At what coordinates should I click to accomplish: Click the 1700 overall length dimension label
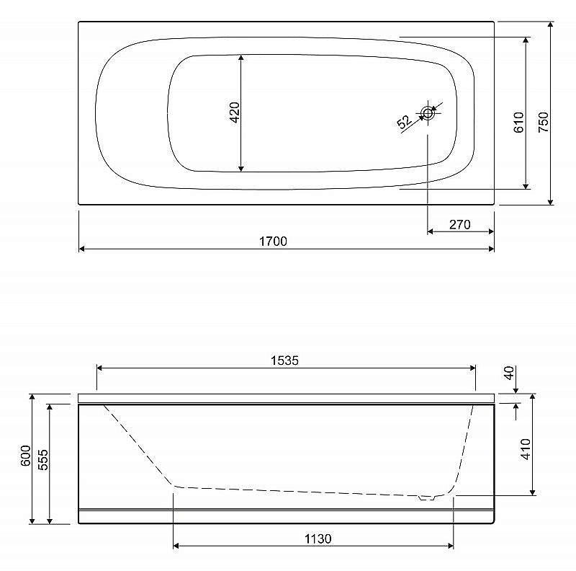[273, 242]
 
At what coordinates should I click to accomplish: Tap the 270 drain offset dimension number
[459, 224]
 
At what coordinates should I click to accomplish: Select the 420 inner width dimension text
[234, 112]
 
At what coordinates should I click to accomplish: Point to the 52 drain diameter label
[404, 122]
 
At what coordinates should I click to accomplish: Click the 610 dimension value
[518, 123]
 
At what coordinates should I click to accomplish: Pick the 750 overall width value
[543, 122]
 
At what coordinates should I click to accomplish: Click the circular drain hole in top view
[428, 113]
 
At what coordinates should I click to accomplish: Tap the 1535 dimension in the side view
[284, 360]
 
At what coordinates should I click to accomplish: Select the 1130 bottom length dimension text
[318, 539]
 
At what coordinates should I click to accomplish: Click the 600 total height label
[26, 456]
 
